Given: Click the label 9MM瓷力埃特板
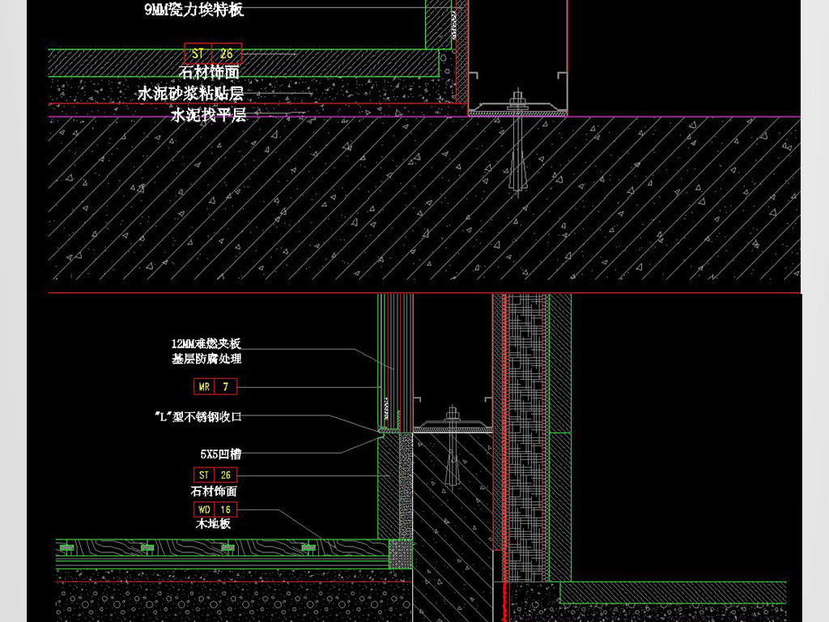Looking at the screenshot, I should click(x=193, y=10).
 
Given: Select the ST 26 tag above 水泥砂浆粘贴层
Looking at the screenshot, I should click(x=212, y=54).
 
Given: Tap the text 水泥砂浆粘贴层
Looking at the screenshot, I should click(x=191, y=94).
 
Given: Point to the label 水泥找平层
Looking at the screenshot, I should click(x=208, y=115).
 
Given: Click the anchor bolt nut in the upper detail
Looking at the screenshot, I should click(x=516, y=100).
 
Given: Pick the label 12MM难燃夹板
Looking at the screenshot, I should click(x=206, y=344).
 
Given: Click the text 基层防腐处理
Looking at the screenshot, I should click(x=206, y=359).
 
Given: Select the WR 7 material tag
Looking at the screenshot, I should click(x=215, y=387).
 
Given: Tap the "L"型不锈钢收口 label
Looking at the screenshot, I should click(x=198, y=417).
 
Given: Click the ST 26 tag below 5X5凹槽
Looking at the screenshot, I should click(x=215, y=475).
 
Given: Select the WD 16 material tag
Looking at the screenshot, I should click(x=215, y=510).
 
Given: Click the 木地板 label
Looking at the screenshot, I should click(x=214, y=525).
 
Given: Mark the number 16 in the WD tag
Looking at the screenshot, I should click(x=225, y=510).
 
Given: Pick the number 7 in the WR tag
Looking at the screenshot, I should click(x=225, y=387).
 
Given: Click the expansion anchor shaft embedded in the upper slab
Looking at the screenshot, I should click(x=516, y=162).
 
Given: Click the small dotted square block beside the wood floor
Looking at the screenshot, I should click(x=400, y=554).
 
